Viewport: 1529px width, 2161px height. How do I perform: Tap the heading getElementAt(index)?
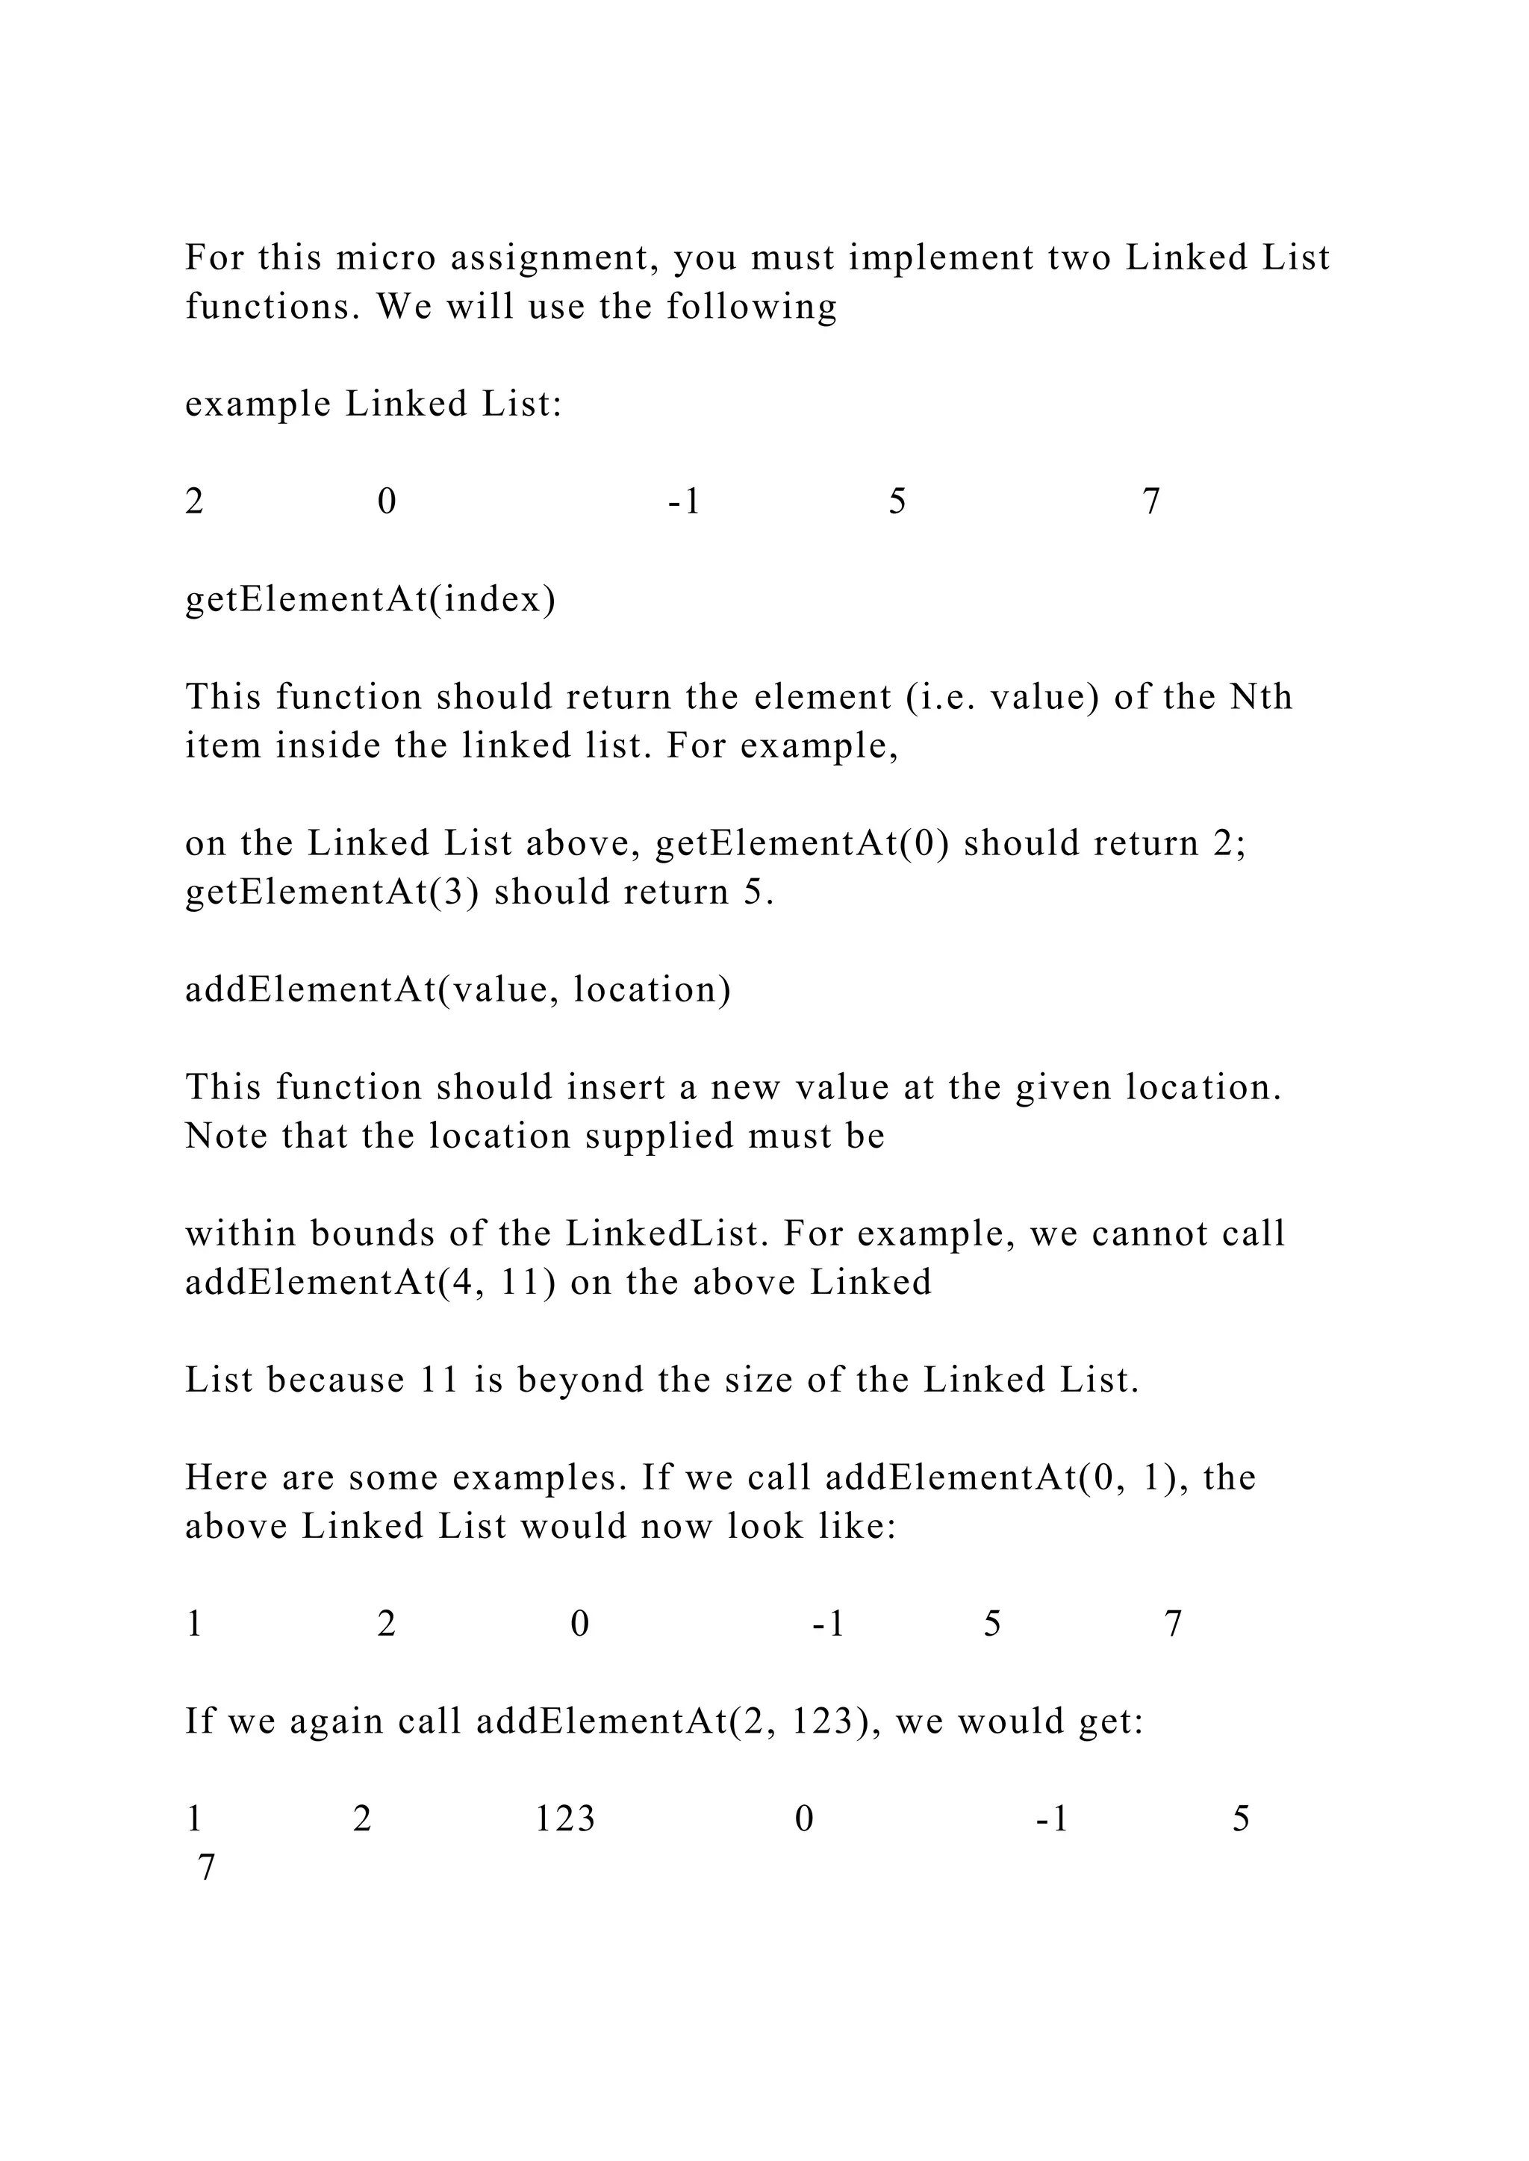coord(370,599)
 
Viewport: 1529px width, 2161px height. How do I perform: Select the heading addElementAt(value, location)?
coord(458,989)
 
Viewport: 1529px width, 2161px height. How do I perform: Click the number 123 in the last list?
coord(565,1818)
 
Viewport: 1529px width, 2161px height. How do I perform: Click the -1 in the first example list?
coord(685,501)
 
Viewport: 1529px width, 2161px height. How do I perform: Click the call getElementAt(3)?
coord(332,892)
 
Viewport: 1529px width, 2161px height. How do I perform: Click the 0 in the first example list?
coord(386,501)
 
